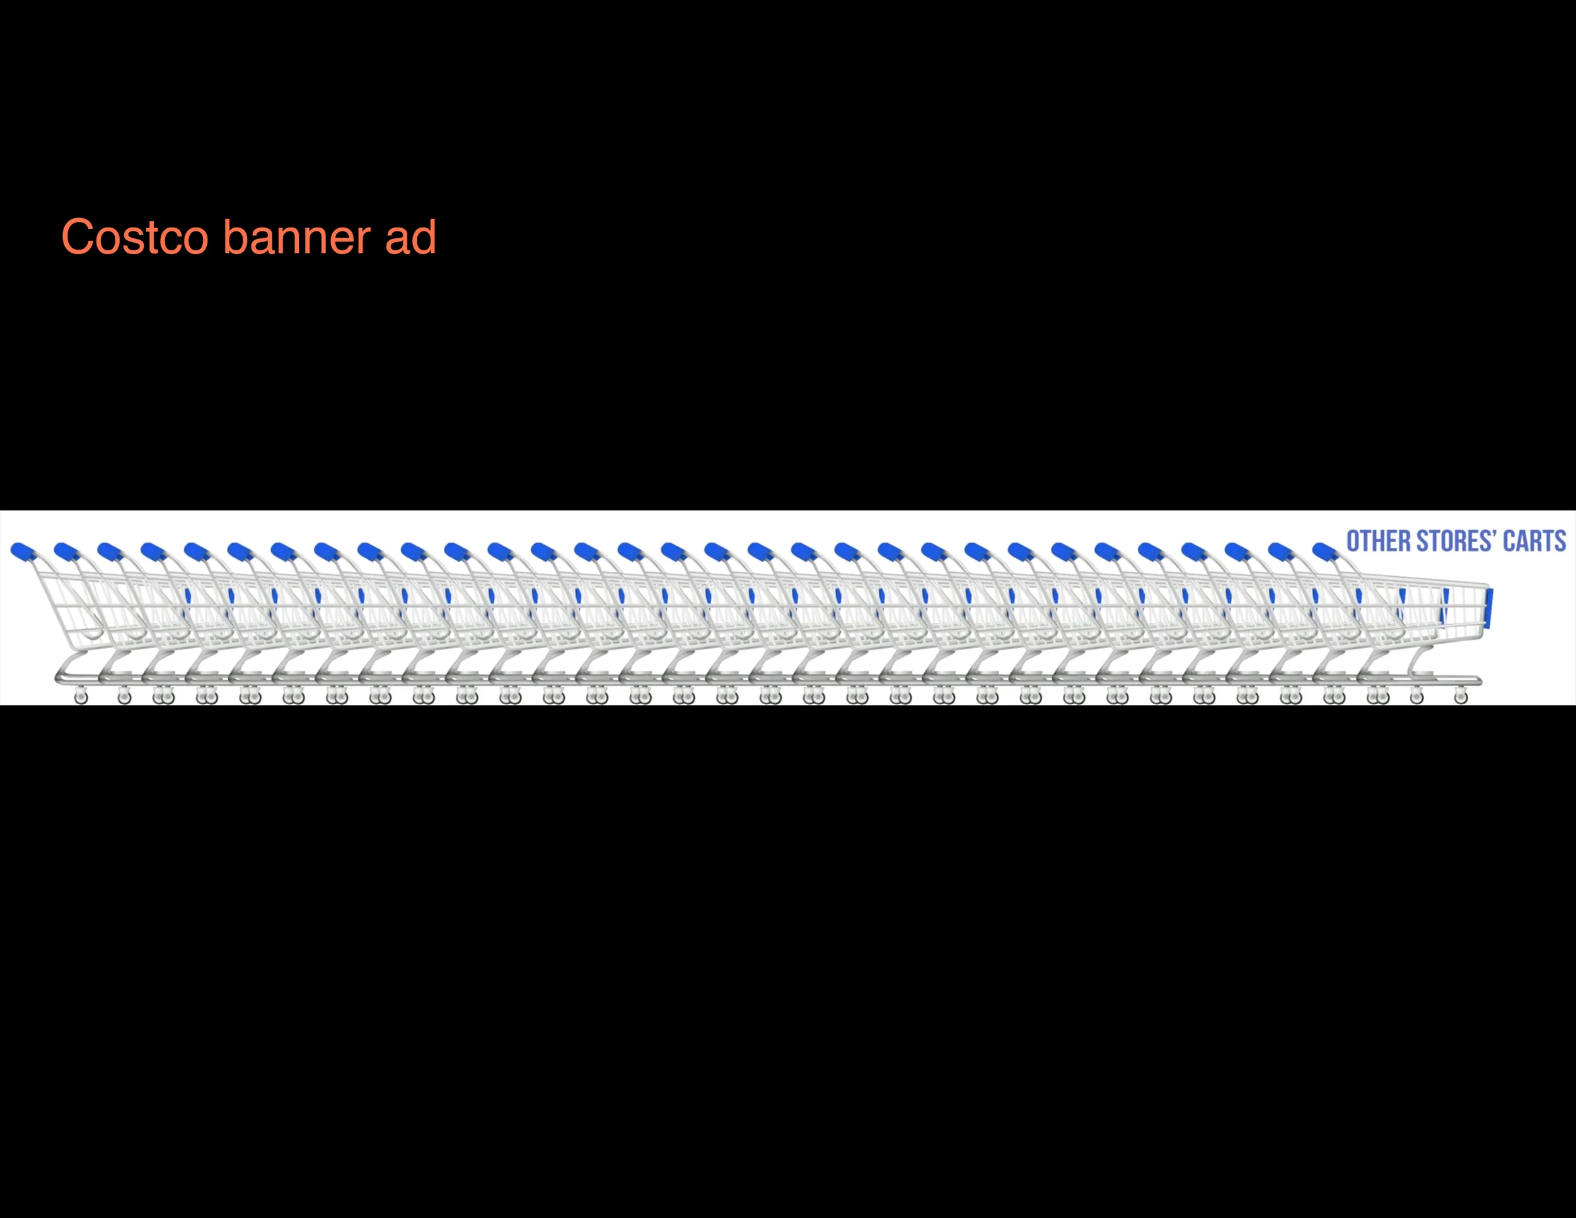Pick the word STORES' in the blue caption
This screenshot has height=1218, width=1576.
point(1454,541)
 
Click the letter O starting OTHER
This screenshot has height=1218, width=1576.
point(1353,541)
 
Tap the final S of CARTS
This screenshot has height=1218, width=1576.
point(1560,541)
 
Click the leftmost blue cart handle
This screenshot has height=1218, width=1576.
point(23,552)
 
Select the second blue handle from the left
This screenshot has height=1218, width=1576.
point(66,552)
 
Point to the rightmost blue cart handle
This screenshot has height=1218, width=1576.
point(1325,552)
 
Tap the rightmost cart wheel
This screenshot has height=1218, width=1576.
point(1461,697)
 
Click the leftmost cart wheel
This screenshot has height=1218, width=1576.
point(81,697)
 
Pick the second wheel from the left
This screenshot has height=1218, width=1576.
point(124,697)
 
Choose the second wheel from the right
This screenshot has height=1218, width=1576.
point(1417,697)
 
